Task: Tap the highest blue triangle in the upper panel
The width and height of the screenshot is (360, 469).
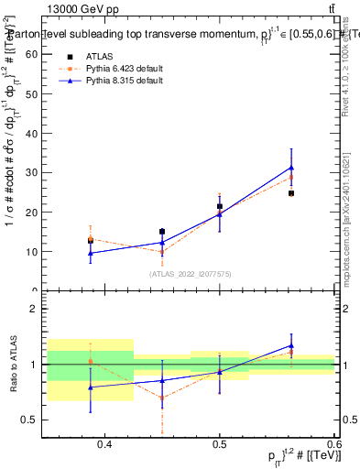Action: [291, 168]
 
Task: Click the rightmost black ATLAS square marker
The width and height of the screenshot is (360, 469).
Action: [291, 193]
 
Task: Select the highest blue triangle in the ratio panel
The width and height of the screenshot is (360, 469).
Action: [291, 345]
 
